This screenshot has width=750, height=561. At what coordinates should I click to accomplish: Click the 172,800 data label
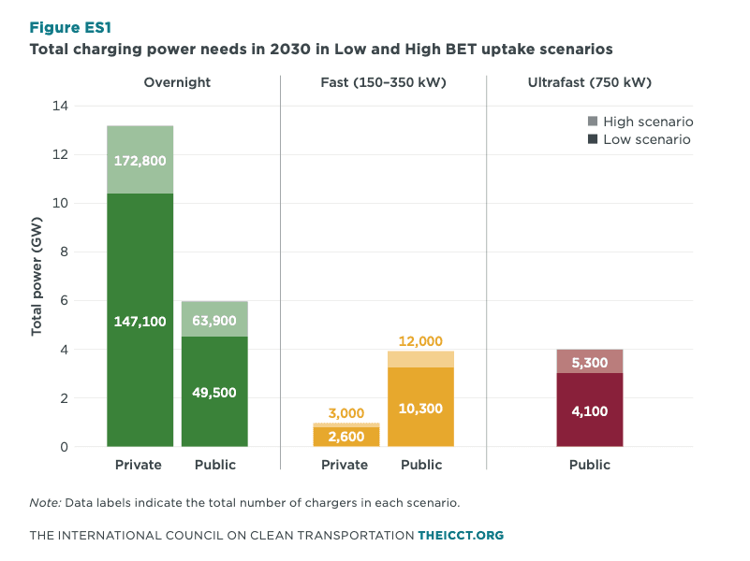click(x=140, y=161)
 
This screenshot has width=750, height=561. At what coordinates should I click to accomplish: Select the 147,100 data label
click(x=140, y=322)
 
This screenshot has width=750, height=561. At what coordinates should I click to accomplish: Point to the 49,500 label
click(x=214, y=392)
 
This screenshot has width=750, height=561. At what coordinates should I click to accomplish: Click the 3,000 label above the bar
click(x=346, y=413)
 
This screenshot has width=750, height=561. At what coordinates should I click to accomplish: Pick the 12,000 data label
click(x=420, y=341)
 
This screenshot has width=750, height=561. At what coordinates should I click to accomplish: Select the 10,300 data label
click(x=420, y=409)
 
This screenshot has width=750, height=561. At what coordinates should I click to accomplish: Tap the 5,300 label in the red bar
click(x=589, y=363)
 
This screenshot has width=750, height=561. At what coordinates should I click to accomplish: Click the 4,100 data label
click(x=589, y=409)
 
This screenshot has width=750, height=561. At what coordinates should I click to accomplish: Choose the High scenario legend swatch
click(x=591, y=122)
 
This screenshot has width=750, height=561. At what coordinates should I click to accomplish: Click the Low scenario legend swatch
click(x=591, y=139)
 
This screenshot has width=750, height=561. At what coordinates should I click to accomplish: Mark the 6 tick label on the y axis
click(x=90, y=301)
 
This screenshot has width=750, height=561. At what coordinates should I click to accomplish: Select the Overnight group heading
click(x=177, y=82)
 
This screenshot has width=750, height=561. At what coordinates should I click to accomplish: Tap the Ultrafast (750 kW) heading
click(x=590, y=82)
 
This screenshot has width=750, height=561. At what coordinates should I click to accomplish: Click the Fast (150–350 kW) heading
click(x=383, y=82)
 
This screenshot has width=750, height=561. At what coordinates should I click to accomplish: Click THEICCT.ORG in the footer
click(x=461, y=536)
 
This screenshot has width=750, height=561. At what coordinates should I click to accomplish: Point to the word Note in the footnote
click(x=44, y=502)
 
